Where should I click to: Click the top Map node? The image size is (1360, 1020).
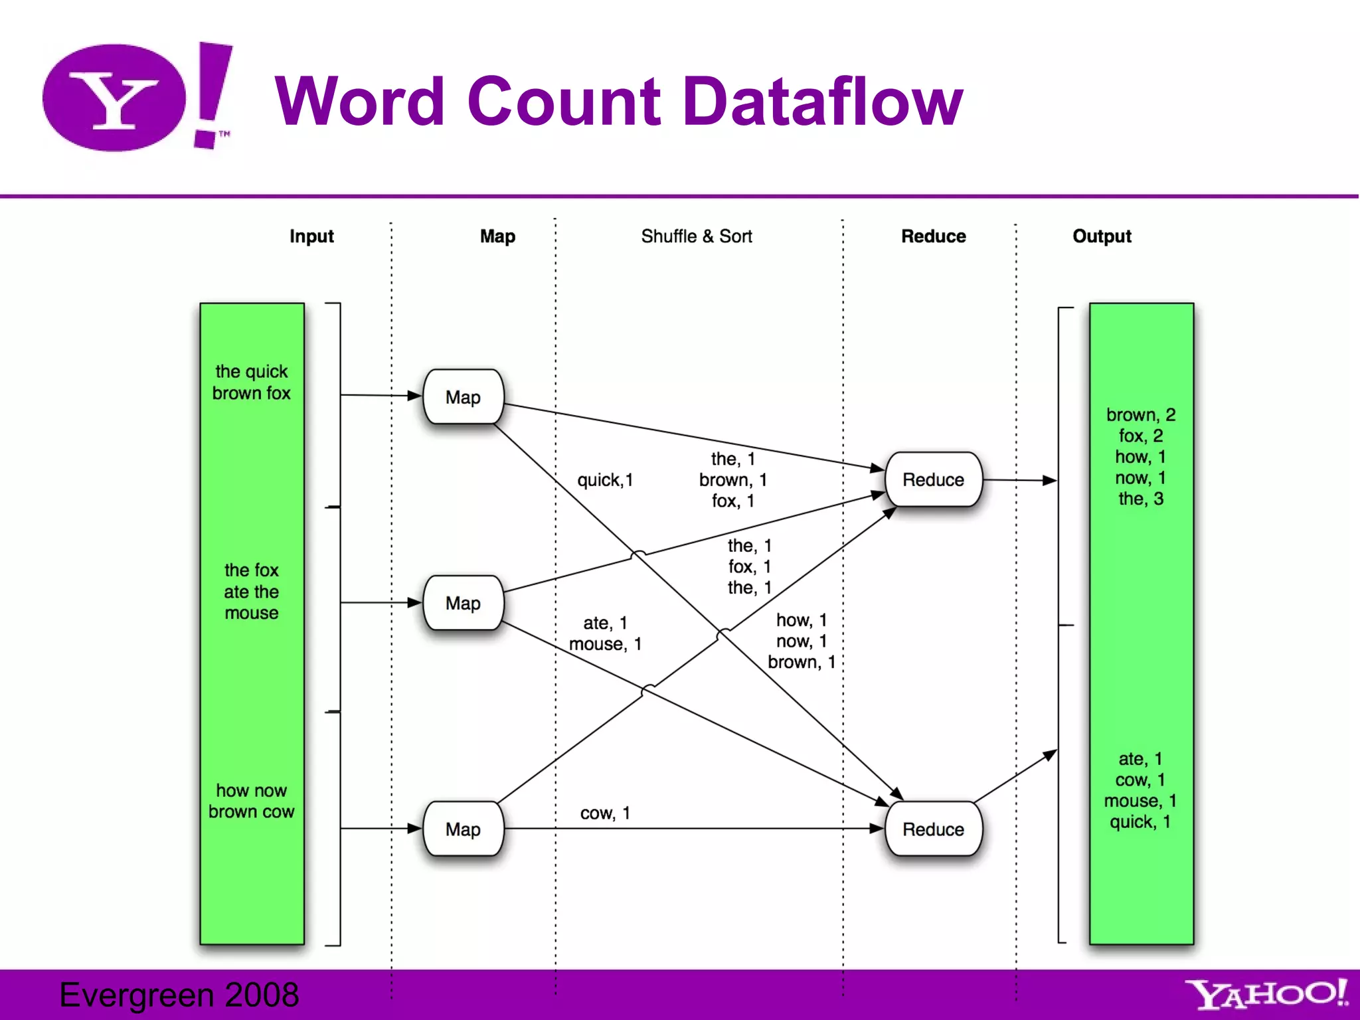(463, 397)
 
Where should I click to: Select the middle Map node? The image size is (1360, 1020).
(463, 603)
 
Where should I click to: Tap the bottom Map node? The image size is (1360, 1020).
(463, 829)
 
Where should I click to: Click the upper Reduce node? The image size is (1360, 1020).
(933, 479)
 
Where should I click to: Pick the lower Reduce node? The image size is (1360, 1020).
(933, 829)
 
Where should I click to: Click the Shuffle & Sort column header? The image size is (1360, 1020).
(696, 236)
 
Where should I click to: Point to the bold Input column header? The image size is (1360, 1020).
(311, 236)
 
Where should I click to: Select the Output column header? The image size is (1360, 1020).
(1102, 236)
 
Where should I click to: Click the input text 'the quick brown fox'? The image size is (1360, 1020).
(252, 382)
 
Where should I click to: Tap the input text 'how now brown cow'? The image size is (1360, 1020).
(252, 801)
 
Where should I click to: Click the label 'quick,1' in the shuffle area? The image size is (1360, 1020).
(605, 479)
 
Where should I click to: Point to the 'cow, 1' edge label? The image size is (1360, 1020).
(605, 813)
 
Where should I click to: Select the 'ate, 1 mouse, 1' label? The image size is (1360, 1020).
(605, 634)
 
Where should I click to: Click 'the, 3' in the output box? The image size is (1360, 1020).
(1141, 499)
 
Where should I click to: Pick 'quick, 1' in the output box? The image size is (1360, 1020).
(1140, 821)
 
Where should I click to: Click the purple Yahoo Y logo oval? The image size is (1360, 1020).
(114, 98)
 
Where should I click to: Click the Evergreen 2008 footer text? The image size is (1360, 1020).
(179, 995)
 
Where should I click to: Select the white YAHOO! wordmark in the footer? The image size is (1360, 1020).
(1266, 994)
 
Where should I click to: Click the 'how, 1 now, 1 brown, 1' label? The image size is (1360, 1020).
(802, 641)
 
